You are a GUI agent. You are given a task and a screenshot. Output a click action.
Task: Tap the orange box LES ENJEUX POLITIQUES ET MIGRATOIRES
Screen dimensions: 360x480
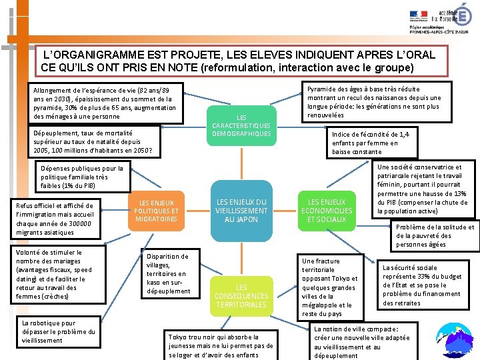(x=156, y=211)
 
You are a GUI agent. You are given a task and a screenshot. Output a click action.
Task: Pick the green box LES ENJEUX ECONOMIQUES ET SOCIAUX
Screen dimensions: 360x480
(x=326, y=210)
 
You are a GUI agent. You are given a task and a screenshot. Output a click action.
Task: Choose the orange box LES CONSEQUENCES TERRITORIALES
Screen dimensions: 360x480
(x=241, y=295)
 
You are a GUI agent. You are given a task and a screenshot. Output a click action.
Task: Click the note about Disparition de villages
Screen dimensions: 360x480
(x=167, y=273)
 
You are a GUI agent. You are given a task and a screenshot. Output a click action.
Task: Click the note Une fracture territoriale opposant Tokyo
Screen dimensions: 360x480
(x=329, y=287)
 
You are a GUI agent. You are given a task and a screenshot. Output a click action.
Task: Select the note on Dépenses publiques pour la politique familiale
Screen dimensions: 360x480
(x=83, y=177)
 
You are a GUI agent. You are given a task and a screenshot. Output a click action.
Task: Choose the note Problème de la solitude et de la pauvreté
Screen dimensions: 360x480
(x=435, y=235)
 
